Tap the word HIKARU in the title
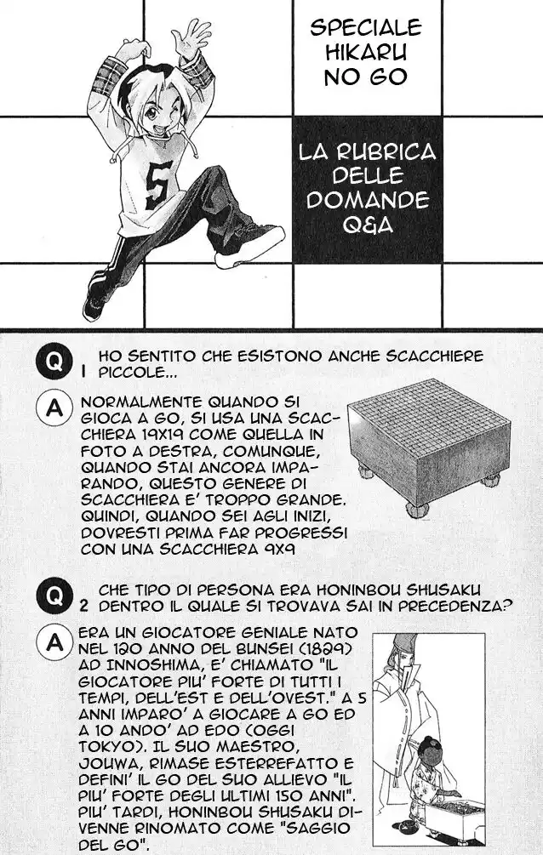[x=367, y=53]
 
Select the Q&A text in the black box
[x=368, y=224]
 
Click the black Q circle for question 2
[x=54, y=596]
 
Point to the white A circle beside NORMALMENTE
[x=54, y=408]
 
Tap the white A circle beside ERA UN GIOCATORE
[x=54, y=643]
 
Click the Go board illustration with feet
[x=428, y=443]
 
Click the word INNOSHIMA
[x=163, y=666]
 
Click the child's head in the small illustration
[x=428, y=750]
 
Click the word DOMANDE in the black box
[x=368, y=200]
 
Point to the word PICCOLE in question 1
[x=132, y=373]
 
